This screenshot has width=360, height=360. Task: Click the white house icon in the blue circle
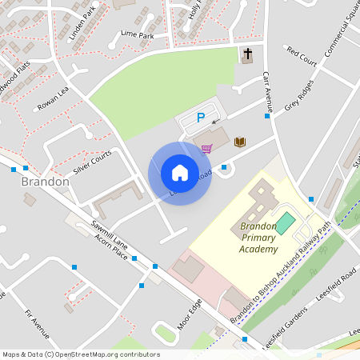(x=179, y=172)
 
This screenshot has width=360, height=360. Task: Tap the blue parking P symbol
(x=201, y=118)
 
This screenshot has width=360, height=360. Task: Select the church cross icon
(x=247, y=54)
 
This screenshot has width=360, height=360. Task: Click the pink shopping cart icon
(x=206, y=148)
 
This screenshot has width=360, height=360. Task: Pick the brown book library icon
(x=239, y=142)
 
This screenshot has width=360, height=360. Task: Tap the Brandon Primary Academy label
(x=258, y=238)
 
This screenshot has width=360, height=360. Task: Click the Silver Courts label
(x=91, y=162)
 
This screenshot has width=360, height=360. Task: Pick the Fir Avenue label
(x=38, y=322)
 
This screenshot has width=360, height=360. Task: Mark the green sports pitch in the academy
(x=285, y=222)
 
